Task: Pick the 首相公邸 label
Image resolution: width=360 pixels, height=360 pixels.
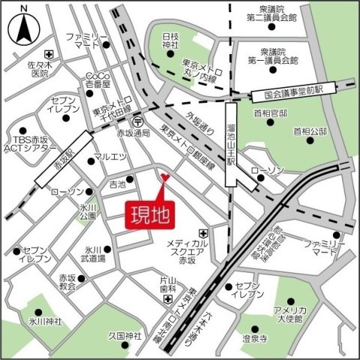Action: click(311, 131)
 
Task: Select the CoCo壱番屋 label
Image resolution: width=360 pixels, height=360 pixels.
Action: click(98, 81)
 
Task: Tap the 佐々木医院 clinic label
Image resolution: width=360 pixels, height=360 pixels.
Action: click(34, 69)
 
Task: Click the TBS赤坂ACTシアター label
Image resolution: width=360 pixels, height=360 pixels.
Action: click(30, 144)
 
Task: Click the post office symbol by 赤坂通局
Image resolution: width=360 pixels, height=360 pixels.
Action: click(137, 121)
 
